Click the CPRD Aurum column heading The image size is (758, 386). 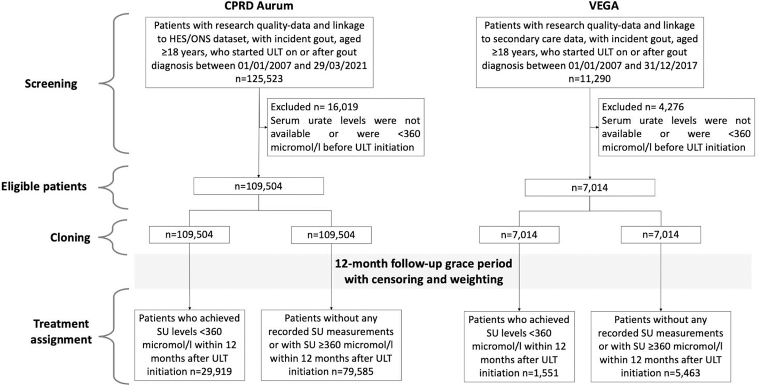coord(259,6)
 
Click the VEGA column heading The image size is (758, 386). coord(589,6)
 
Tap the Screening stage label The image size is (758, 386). coord(51,84)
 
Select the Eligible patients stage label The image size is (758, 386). coord(44,186)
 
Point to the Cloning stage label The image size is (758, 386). coord(70,238)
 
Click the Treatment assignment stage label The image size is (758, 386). coord(61,332)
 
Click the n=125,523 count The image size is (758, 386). coord(259,79)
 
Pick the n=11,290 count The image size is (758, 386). coord(589,79)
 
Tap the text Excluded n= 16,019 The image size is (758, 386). coord(314,107)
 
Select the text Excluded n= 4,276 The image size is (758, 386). coord(642,107)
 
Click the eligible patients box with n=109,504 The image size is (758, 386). coord(259,186)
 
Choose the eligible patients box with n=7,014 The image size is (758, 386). coord(589,188)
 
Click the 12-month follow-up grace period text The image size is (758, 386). coord(423,264)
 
